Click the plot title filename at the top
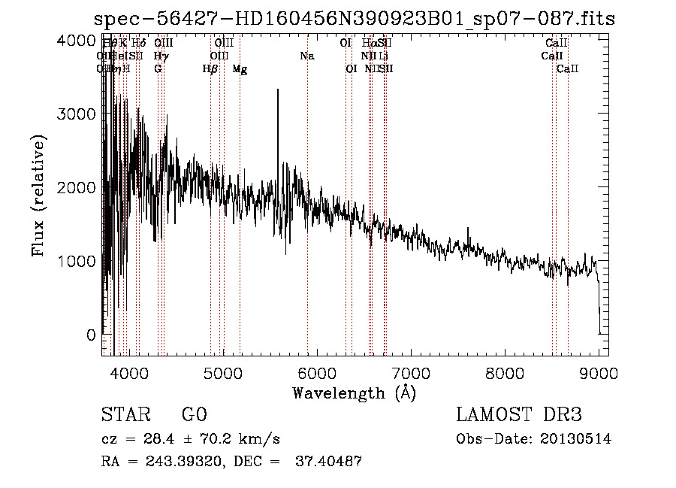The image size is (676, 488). [x=354, y=20]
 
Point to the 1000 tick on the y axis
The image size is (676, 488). [x=76, y=261]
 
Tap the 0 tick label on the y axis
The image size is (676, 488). [x=90, y=335]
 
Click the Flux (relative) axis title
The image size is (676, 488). [x=39, y=196]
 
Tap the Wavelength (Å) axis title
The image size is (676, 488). [x=354, y=393]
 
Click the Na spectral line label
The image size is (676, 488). [x=306, y=56]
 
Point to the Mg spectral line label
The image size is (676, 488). [x=240, y=70]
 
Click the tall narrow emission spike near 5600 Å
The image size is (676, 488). [x=278, y=94]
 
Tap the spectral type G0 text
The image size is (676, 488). [x=194, y=415]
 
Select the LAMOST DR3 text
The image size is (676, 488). [x=519, y=415]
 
